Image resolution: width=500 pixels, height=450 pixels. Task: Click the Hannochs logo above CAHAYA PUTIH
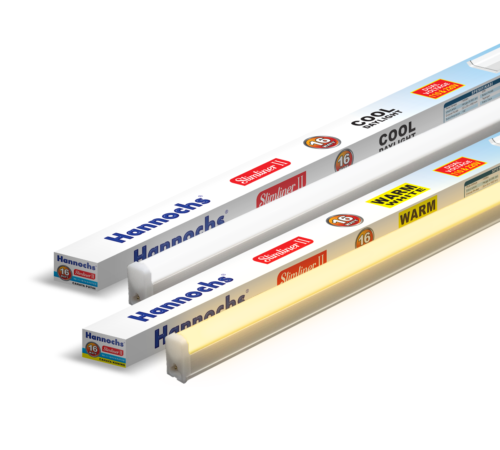tap(77, 260)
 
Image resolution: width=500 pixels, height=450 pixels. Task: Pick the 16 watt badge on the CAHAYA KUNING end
tap(92, 349)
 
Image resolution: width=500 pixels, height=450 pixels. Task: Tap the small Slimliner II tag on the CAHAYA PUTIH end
tap(85, 275)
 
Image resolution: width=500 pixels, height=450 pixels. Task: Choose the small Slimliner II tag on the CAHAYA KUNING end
tap(112, 351)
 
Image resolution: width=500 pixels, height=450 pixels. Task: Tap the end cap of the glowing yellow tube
tap(177, 358)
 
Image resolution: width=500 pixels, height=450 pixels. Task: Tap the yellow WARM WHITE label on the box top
tap(395, 195)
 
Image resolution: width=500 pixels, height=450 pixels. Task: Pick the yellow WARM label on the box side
tap(417, 212)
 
